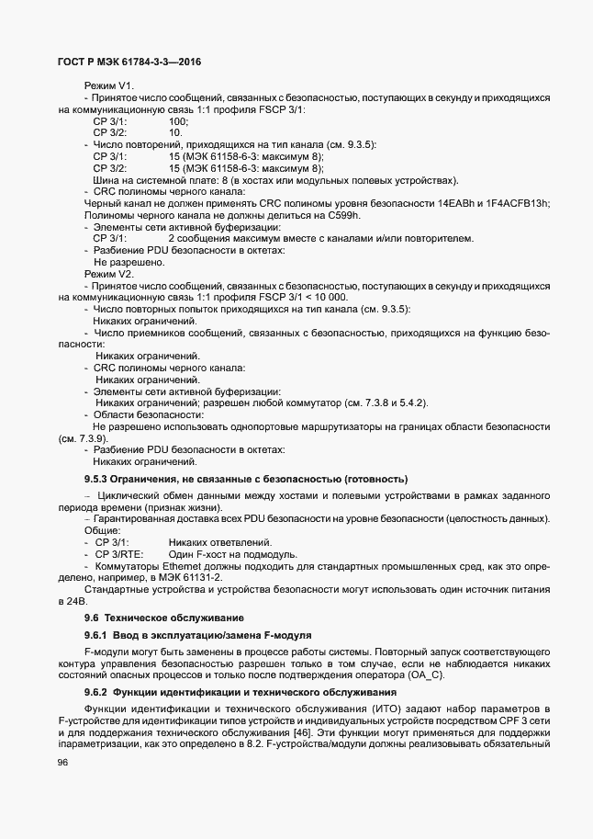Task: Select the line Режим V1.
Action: pos(109,85)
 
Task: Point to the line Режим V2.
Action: pos(109,274)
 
